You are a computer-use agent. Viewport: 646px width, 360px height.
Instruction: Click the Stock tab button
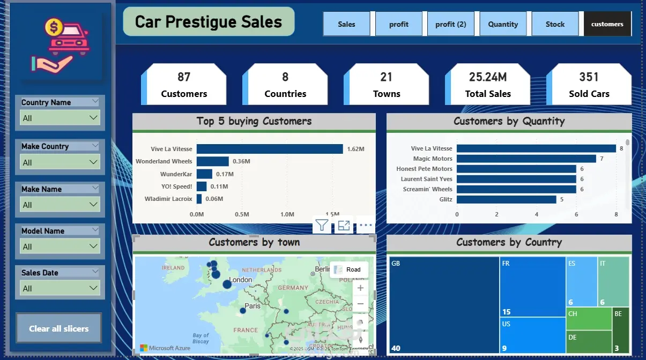tap(555, 24)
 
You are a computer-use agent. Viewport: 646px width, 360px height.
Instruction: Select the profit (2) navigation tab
tap(450, 24)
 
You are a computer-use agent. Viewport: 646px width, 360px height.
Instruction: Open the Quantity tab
tap(503, 24)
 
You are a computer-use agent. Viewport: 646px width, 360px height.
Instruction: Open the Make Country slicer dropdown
tap(60, 162)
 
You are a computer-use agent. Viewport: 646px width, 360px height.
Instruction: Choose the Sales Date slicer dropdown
tap(60, 288)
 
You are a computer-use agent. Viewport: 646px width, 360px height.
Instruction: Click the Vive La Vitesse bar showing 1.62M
tap(270, 149)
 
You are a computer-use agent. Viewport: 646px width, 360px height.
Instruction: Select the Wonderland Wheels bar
tap(212, 161)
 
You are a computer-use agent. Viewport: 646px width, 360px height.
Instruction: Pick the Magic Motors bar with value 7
tap(526, 159)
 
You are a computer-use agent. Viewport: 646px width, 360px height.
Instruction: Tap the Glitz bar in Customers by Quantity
tap(506, 199)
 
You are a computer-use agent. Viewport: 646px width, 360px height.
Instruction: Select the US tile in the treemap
tap(532, 335)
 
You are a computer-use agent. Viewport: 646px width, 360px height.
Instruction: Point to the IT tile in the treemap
tap(613, 281)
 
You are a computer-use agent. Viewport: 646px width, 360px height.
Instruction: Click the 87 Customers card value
tap(184, 77)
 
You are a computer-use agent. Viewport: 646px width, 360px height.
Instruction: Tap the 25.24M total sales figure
tap(488, 77)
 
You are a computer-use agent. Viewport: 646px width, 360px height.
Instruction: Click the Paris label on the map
tap(253, 306)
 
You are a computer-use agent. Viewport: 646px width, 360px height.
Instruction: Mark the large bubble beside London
tap(227, 284)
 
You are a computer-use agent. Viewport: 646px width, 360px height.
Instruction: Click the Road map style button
tap(348, 269)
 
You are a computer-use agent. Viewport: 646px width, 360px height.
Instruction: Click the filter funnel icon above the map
tap(322, 226)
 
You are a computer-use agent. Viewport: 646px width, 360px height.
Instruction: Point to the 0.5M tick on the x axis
tap(242, 214)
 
